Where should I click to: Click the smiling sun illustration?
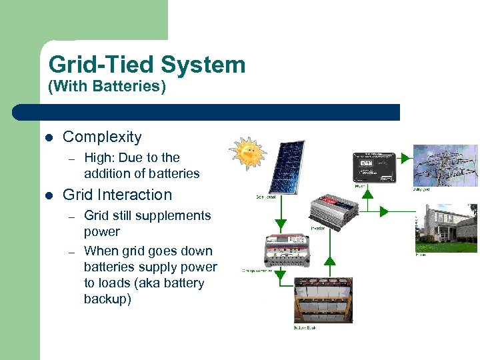[247, 154]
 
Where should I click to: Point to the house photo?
[446, 224]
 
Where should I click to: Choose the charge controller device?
[288, 251]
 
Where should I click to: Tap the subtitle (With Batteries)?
[107, 86]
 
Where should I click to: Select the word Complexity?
[102, 137]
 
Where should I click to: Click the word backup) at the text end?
[107, 299]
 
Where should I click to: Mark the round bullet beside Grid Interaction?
[49, 195]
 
